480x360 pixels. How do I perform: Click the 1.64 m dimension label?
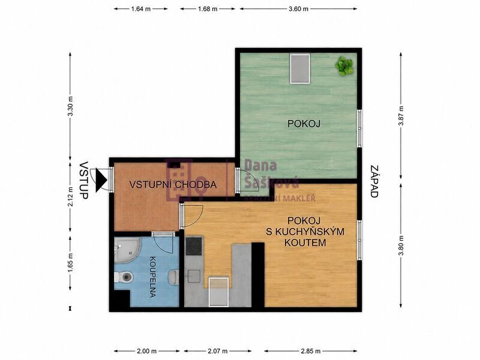[x=141, y=9]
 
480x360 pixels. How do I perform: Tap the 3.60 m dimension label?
[x=298, y=9]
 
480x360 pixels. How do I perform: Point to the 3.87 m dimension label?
[x=401, y=115]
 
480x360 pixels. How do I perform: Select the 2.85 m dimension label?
[x=310, y=351]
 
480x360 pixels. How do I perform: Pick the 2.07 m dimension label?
[x=218, y=351]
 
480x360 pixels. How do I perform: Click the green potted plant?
[x=344, y=66]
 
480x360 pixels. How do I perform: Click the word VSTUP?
[x=83, y=181]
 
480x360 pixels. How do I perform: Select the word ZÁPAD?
[x=374, y=182]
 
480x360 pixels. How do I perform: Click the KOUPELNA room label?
[x=152, y=277]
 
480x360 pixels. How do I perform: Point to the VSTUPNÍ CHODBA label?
[x=173, y=185]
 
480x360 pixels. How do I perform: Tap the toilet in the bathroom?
[x=124, y=277]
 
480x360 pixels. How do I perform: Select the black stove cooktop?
[x=194, y=247]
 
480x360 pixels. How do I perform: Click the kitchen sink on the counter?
[x=193, y=277]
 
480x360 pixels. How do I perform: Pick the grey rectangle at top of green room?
[x=300, y=68]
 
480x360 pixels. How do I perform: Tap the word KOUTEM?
[x=305, y=243]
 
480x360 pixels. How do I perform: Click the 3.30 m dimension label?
[x=70, y=106]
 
